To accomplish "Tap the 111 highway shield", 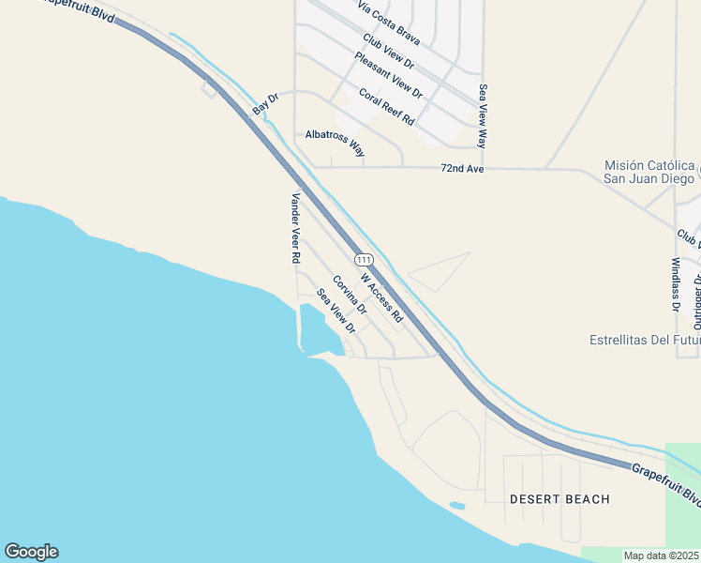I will click(x=364, y=259).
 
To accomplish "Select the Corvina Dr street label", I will click(x=349, y=295).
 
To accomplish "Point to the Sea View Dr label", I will click(x=336, y=311).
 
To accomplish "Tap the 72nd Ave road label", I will click(x=462, y=169).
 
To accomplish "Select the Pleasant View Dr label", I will click(x=388, y=75).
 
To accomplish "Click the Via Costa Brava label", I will click(x=389, y=21).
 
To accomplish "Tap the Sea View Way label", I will click(x=484, y=116).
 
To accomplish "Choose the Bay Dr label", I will click(x=266, y=104).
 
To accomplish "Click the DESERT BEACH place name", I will click(x=559, y=499).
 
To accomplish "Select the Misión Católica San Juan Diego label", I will click(x=649, y=172).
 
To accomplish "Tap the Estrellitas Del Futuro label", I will click(x=645, y=340).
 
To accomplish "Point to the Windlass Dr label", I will click(x=676, y=284).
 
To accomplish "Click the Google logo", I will click(x=31, y=552).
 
